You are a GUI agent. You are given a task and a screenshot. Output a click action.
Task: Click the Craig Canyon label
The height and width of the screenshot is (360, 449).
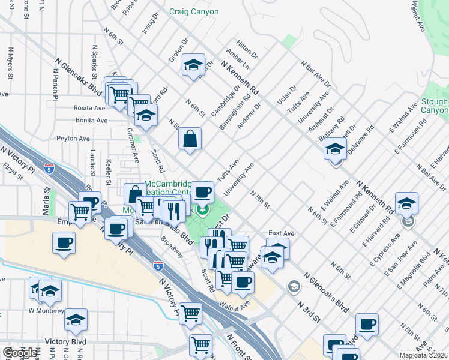(x=194, y=12)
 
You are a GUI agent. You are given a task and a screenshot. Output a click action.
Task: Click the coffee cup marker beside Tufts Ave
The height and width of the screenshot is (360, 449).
(x=202, y=192)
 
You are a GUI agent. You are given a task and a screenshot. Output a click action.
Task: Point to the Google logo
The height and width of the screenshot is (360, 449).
(x=19, y=353)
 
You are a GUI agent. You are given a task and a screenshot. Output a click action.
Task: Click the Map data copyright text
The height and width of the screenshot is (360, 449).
(x=424, y=355)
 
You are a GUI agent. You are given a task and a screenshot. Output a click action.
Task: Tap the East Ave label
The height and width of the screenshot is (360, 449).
(x=281, y=233)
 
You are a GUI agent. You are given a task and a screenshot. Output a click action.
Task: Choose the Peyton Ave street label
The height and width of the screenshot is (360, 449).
(x=73, y=138)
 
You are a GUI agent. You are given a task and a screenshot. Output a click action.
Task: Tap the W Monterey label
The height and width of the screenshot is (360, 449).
(x=46, y=310)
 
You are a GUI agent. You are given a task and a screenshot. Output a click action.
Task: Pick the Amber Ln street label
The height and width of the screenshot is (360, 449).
(x=238, y=60)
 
